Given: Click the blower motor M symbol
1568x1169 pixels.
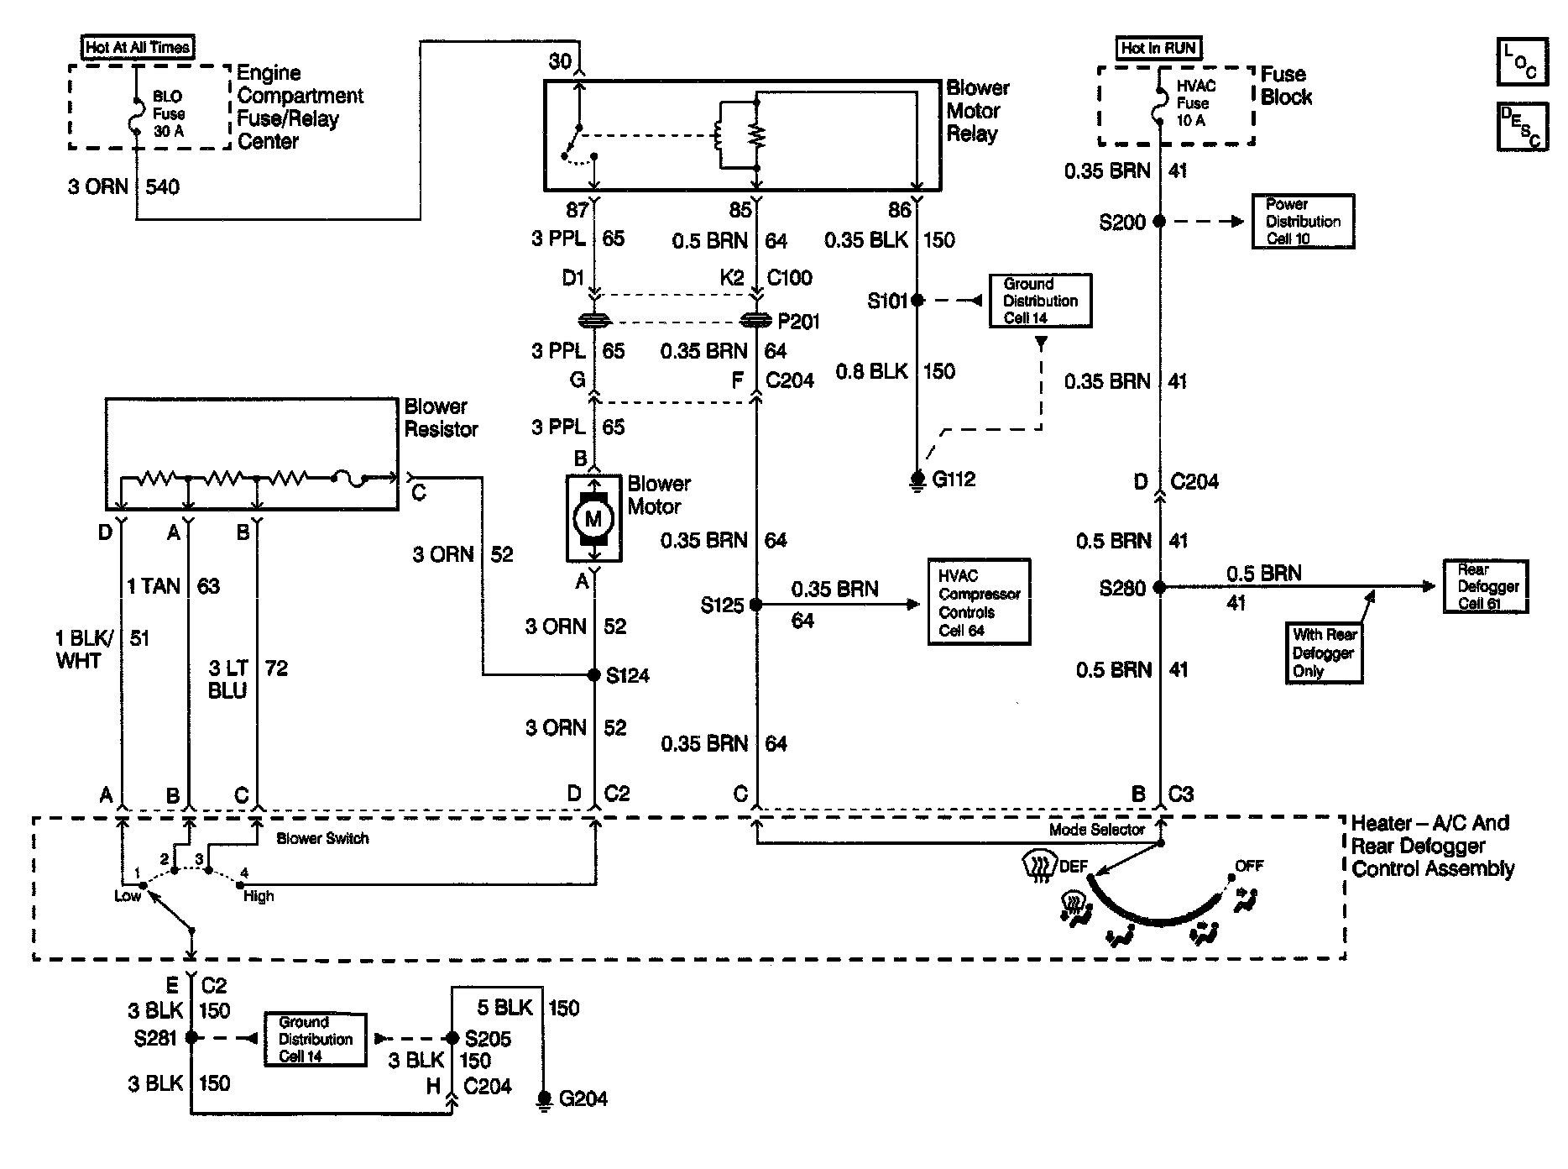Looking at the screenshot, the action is [x=593, y=519].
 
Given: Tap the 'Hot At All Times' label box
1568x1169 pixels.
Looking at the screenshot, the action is [x=139, y=47].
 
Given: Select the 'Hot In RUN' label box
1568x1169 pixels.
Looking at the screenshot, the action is [x=1158, y=48].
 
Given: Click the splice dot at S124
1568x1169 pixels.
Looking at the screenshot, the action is [x=594, y=674].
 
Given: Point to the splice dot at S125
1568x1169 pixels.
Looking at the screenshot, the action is [x=755, y=604].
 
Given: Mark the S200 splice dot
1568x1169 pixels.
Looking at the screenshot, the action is [x=1159, y=222].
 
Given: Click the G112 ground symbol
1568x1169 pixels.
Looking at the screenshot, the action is [x=917, y=480].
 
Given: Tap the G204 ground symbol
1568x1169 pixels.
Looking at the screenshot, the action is [x=544, y=1099].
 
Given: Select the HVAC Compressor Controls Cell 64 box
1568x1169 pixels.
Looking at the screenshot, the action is [x=979, y=602].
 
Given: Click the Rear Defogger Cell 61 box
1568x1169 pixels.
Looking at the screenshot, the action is [x=1486, y=586].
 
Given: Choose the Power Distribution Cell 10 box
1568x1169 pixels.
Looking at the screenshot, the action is [x=1304, y=221].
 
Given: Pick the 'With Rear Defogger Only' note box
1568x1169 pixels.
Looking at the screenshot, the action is [x=1325, y=653].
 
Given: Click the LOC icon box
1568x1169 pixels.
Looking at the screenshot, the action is [x=1522, y=61].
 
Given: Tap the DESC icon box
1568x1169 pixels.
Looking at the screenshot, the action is [x=1522, y=127].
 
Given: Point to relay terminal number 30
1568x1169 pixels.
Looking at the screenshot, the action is [x=560, y=61].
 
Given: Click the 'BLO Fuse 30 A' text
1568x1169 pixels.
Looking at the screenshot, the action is [x=169, y=113].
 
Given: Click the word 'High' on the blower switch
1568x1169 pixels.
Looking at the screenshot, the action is [x=259, y=896].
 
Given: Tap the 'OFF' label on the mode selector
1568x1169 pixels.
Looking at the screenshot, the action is [x=1249, y=866].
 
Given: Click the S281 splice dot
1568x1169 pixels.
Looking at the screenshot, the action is [x=191, y=1038].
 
